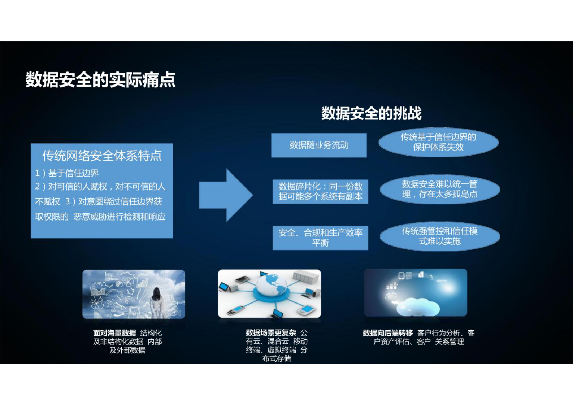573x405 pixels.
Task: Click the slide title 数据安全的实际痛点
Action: [x=100, y=80]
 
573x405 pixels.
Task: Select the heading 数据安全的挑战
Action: [x=371, y=113]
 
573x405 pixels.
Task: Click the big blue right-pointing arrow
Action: [x=226, y=195]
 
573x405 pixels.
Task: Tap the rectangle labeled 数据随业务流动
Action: [x=319, y=145]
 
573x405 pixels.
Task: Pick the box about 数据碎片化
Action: [x=320, y=191]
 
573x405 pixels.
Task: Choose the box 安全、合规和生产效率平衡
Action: [x=320, y=238]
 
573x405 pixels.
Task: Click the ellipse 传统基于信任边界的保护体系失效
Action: [x=438, y=142]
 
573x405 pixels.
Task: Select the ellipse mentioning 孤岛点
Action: [x=440, y=189]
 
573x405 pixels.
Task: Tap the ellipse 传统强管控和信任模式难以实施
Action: [x=440, y=236]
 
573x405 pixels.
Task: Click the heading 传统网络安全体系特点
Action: [x=102, y=156]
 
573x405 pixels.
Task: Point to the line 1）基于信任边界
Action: [x=67, y=173]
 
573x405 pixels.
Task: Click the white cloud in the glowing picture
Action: [x=419, y=306]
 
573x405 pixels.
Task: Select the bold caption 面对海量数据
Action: [x=114, y=333]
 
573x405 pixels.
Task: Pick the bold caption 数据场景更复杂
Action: [x=271, y=332]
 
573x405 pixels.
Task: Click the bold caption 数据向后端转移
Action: [x=388, y=333]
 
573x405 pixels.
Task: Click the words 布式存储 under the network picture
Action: [x=277, y=358]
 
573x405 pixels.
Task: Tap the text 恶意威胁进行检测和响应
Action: [x=120, y=217]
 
